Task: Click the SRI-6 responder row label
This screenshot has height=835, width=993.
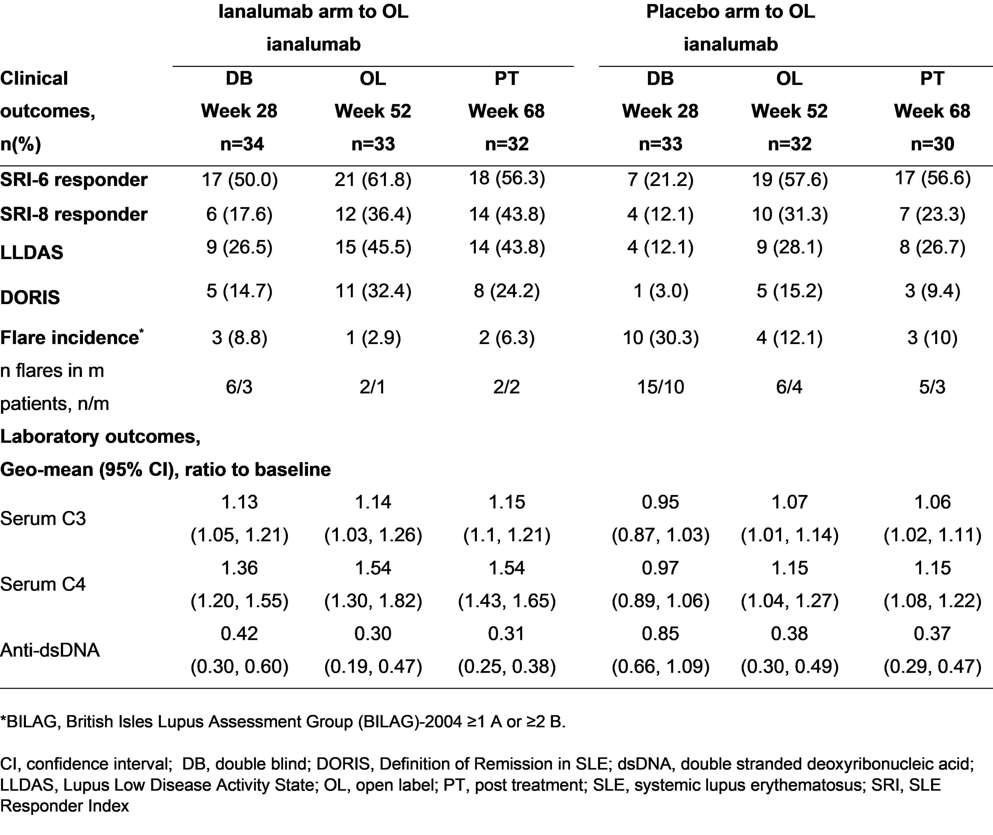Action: (74, 180)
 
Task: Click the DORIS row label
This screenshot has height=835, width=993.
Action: (30, 297)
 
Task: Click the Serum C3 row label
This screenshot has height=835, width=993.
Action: (43, 519)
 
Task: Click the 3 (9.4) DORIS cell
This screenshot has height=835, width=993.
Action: (932, 291)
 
